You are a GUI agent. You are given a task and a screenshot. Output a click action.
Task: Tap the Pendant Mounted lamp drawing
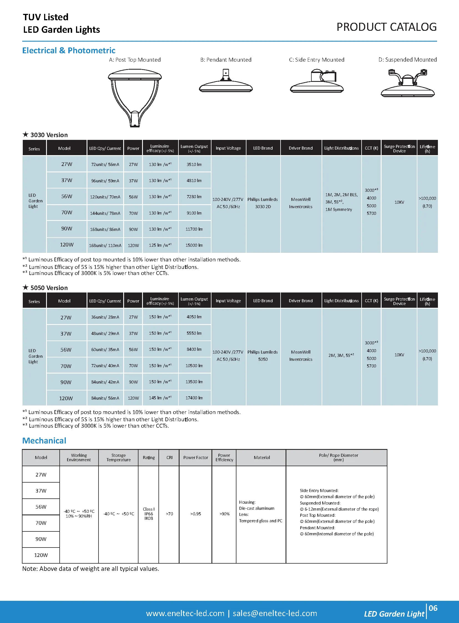click(226, 82)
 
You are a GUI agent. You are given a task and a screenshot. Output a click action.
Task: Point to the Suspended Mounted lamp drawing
click(408, 83)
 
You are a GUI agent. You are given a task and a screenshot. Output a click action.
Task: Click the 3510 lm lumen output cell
click(194, 165)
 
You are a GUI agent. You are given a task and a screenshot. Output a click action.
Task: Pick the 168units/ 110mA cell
click(105, 245)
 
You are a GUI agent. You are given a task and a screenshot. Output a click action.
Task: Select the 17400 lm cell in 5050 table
click(194, 398)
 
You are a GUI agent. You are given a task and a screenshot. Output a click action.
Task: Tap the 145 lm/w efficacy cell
click(160, 398)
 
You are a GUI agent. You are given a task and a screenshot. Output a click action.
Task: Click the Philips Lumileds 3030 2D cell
click(263, 203)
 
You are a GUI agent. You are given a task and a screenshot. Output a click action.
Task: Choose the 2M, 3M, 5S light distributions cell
click(341, 355)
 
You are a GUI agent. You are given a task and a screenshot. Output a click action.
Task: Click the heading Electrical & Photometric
click(69, 51)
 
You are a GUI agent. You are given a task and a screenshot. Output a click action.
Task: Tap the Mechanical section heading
click(44, 441)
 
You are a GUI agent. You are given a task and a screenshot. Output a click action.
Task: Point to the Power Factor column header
click(195, 458)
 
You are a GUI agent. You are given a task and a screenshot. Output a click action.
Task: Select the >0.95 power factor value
click(195, 514)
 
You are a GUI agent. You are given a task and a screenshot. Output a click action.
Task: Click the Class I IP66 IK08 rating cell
click(149, 513)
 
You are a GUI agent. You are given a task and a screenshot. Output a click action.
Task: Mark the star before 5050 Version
click(26, 287)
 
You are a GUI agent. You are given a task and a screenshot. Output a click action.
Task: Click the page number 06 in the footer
click(433, 608)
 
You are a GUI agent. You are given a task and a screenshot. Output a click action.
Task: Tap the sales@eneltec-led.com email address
click(275, 613)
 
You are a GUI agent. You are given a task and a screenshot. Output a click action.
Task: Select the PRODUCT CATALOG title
click(387, 27)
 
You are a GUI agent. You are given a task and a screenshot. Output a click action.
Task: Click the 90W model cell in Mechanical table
click(41, 539)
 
